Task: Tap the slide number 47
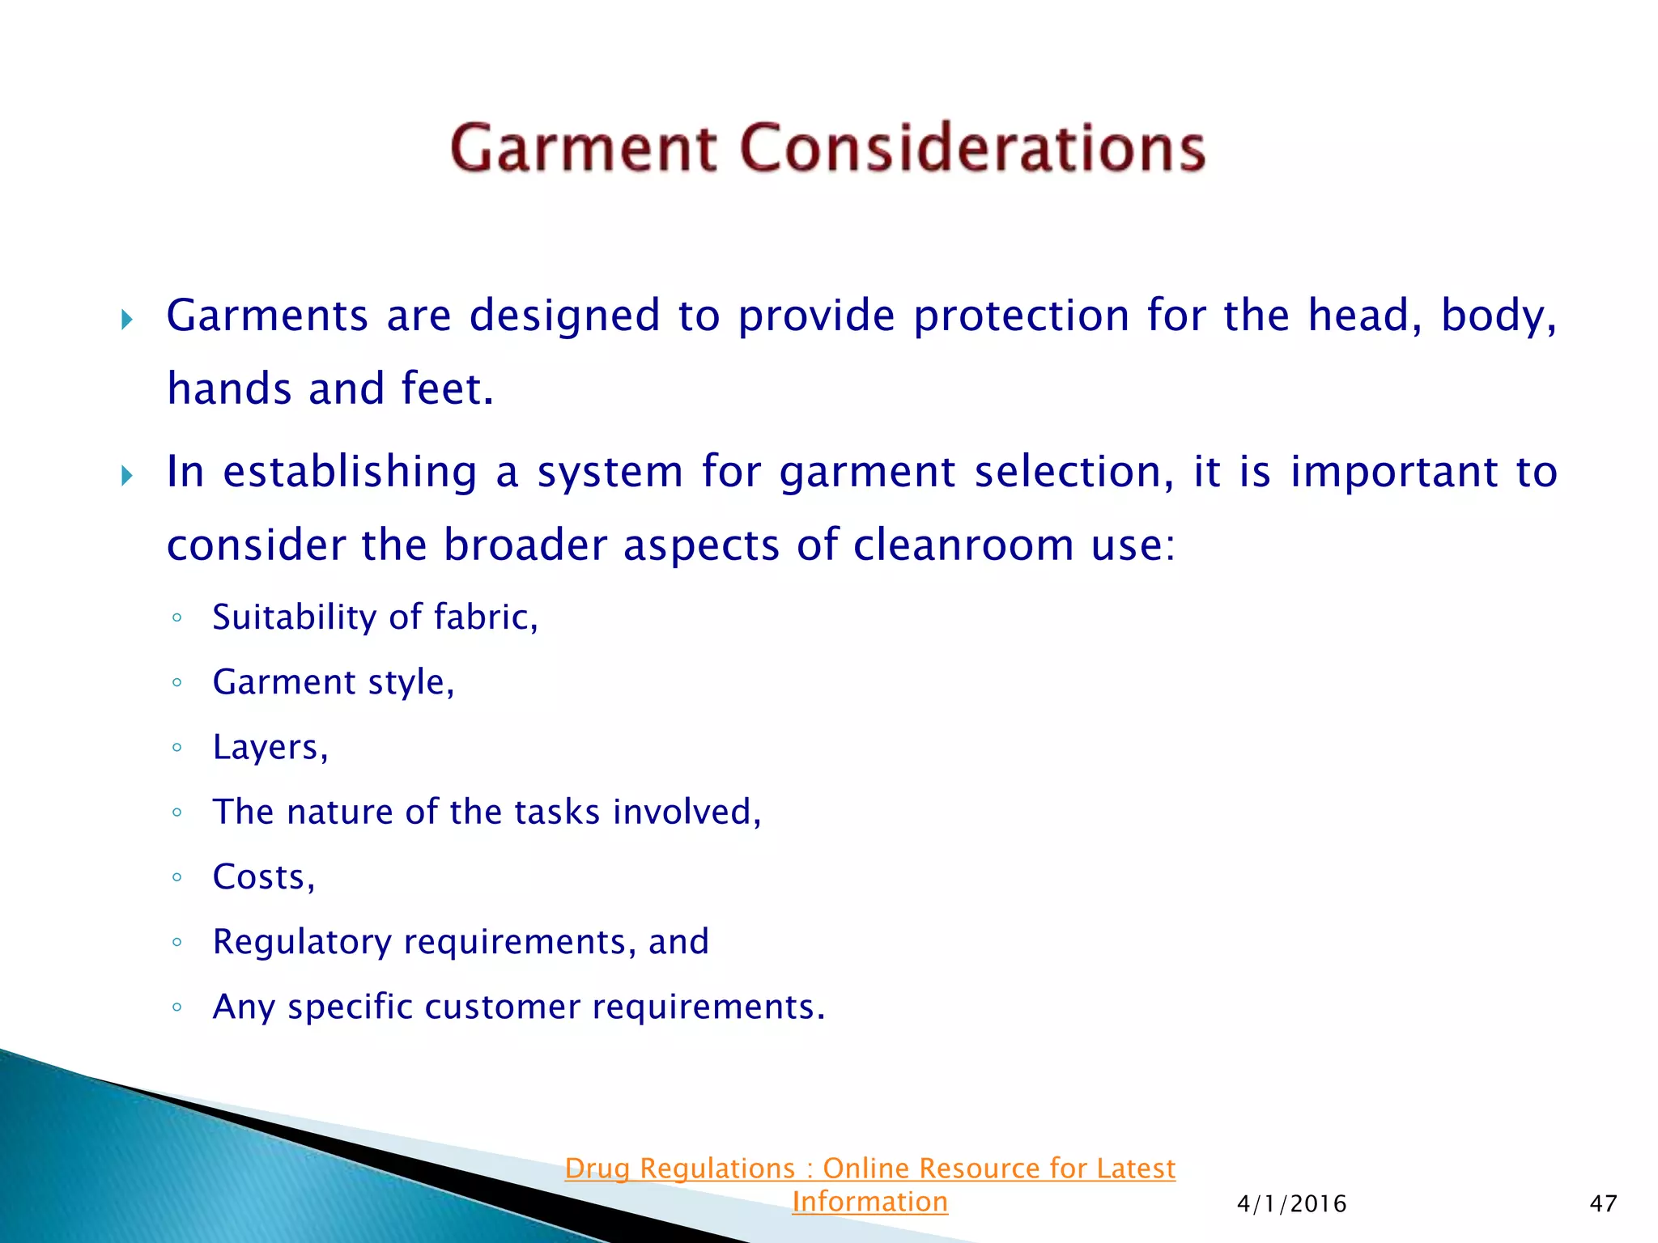tap(1603, 1203)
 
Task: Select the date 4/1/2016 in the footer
tap(1291, 1203)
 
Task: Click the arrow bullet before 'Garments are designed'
tap(126, 319)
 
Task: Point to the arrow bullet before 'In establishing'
tap(126, 475)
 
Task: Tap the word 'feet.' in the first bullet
tap(447, 388)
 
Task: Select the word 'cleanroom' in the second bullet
tap(963, 545)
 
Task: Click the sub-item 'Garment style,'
tap(333, 682)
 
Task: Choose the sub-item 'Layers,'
tap(270, 747)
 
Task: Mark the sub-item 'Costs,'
tap(263, 876)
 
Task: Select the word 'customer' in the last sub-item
tap(502, 1007)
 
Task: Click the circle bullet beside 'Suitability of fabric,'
tap(176, 618)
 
